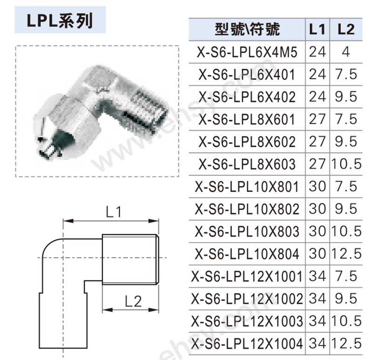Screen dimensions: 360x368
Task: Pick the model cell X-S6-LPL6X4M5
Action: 247,52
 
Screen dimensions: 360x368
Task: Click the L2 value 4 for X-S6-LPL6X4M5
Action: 346,52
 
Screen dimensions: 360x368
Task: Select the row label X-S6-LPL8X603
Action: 247,164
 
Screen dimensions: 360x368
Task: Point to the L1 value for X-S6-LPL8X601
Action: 317,119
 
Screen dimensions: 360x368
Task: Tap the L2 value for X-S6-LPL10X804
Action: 346,254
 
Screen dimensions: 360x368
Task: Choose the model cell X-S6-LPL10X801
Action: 247,187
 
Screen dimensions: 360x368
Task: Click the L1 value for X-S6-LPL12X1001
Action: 317,276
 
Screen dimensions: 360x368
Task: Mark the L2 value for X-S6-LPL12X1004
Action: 346,344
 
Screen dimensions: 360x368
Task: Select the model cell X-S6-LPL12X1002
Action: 247,299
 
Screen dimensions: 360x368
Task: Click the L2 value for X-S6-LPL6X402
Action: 346,97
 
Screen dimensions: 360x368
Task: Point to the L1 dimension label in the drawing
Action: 113,213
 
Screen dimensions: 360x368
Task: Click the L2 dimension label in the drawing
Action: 133,301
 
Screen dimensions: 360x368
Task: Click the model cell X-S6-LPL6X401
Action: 247,75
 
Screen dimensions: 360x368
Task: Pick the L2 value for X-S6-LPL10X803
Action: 346,231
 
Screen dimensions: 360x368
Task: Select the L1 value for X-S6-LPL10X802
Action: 317,209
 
